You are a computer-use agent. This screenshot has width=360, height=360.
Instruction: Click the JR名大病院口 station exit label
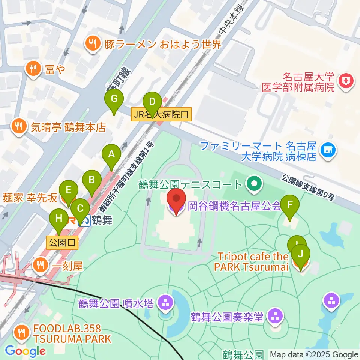[x=161, y=114]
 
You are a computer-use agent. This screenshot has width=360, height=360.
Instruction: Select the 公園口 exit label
[x=62, y=242]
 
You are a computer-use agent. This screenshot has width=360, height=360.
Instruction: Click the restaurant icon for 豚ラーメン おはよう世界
[x=91, y=45]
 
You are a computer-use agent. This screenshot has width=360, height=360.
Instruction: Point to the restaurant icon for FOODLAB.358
[x=19, y=332]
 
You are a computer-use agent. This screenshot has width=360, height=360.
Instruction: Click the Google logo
[x=25, y=351]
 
